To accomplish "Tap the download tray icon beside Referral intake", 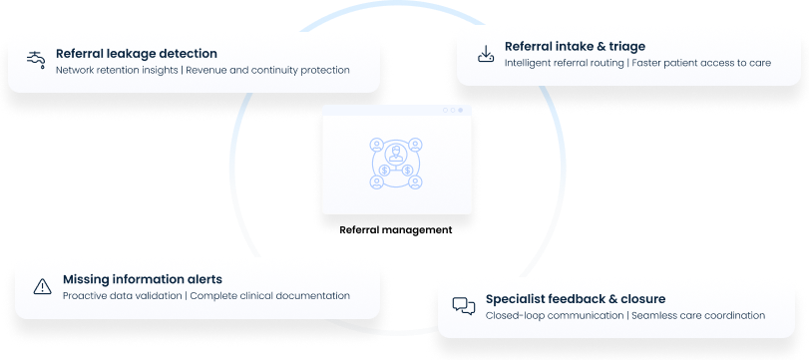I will [x=485, y=53].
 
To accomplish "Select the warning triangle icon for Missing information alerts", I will [x=42, y=287].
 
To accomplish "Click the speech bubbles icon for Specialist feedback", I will [x=463, y=306].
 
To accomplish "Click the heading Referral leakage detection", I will [x=137, y=53].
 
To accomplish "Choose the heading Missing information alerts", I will [x=143, y=279].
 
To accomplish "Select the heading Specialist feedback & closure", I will [x=576, y=298].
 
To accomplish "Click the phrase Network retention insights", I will [x=117, y=71].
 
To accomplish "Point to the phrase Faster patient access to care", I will [x=701, y=62].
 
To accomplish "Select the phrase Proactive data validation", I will [x=122, y=296].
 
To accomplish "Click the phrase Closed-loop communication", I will [x=554, y=315].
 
